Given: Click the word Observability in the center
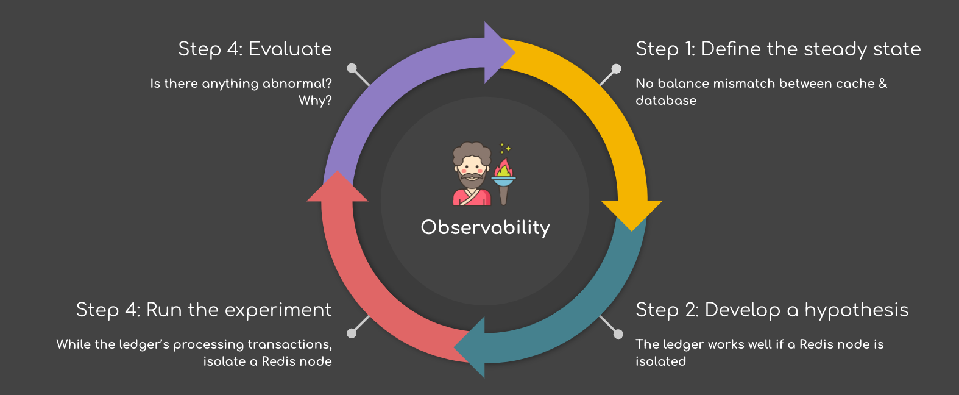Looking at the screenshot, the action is (x=485, y=227).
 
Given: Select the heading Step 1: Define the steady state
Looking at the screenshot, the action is (x=778, y=49).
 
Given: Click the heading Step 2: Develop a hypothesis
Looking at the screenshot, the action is (x=772, y=310).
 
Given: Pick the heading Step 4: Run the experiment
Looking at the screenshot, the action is (x=203, y=310).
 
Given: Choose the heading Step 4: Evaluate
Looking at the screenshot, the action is (x=255, y=49).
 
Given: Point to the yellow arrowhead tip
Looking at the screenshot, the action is (x=631, y=232).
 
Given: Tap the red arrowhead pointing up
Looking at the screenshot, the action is (x=338, y=187).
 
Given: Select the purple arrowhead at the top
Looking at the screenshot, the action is (x=500, y=52).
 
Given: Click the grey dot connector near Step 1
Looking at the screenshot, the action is (x=616, y=68).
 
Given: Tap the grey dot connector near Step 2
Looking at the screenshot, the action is (x=618, y=333).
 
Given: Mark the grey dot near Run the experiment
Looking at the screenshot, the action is (x=352, y=333).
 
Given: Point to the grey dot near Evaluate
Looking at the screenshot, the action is (x=352, y=68).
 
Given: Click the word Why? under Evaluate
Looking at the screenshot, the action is (x=315, y=101).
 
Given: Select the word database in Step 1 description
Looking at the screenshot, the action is (x=666, y=101).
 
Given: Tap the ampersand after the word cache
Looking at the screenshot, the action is (x=883, y=84).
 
